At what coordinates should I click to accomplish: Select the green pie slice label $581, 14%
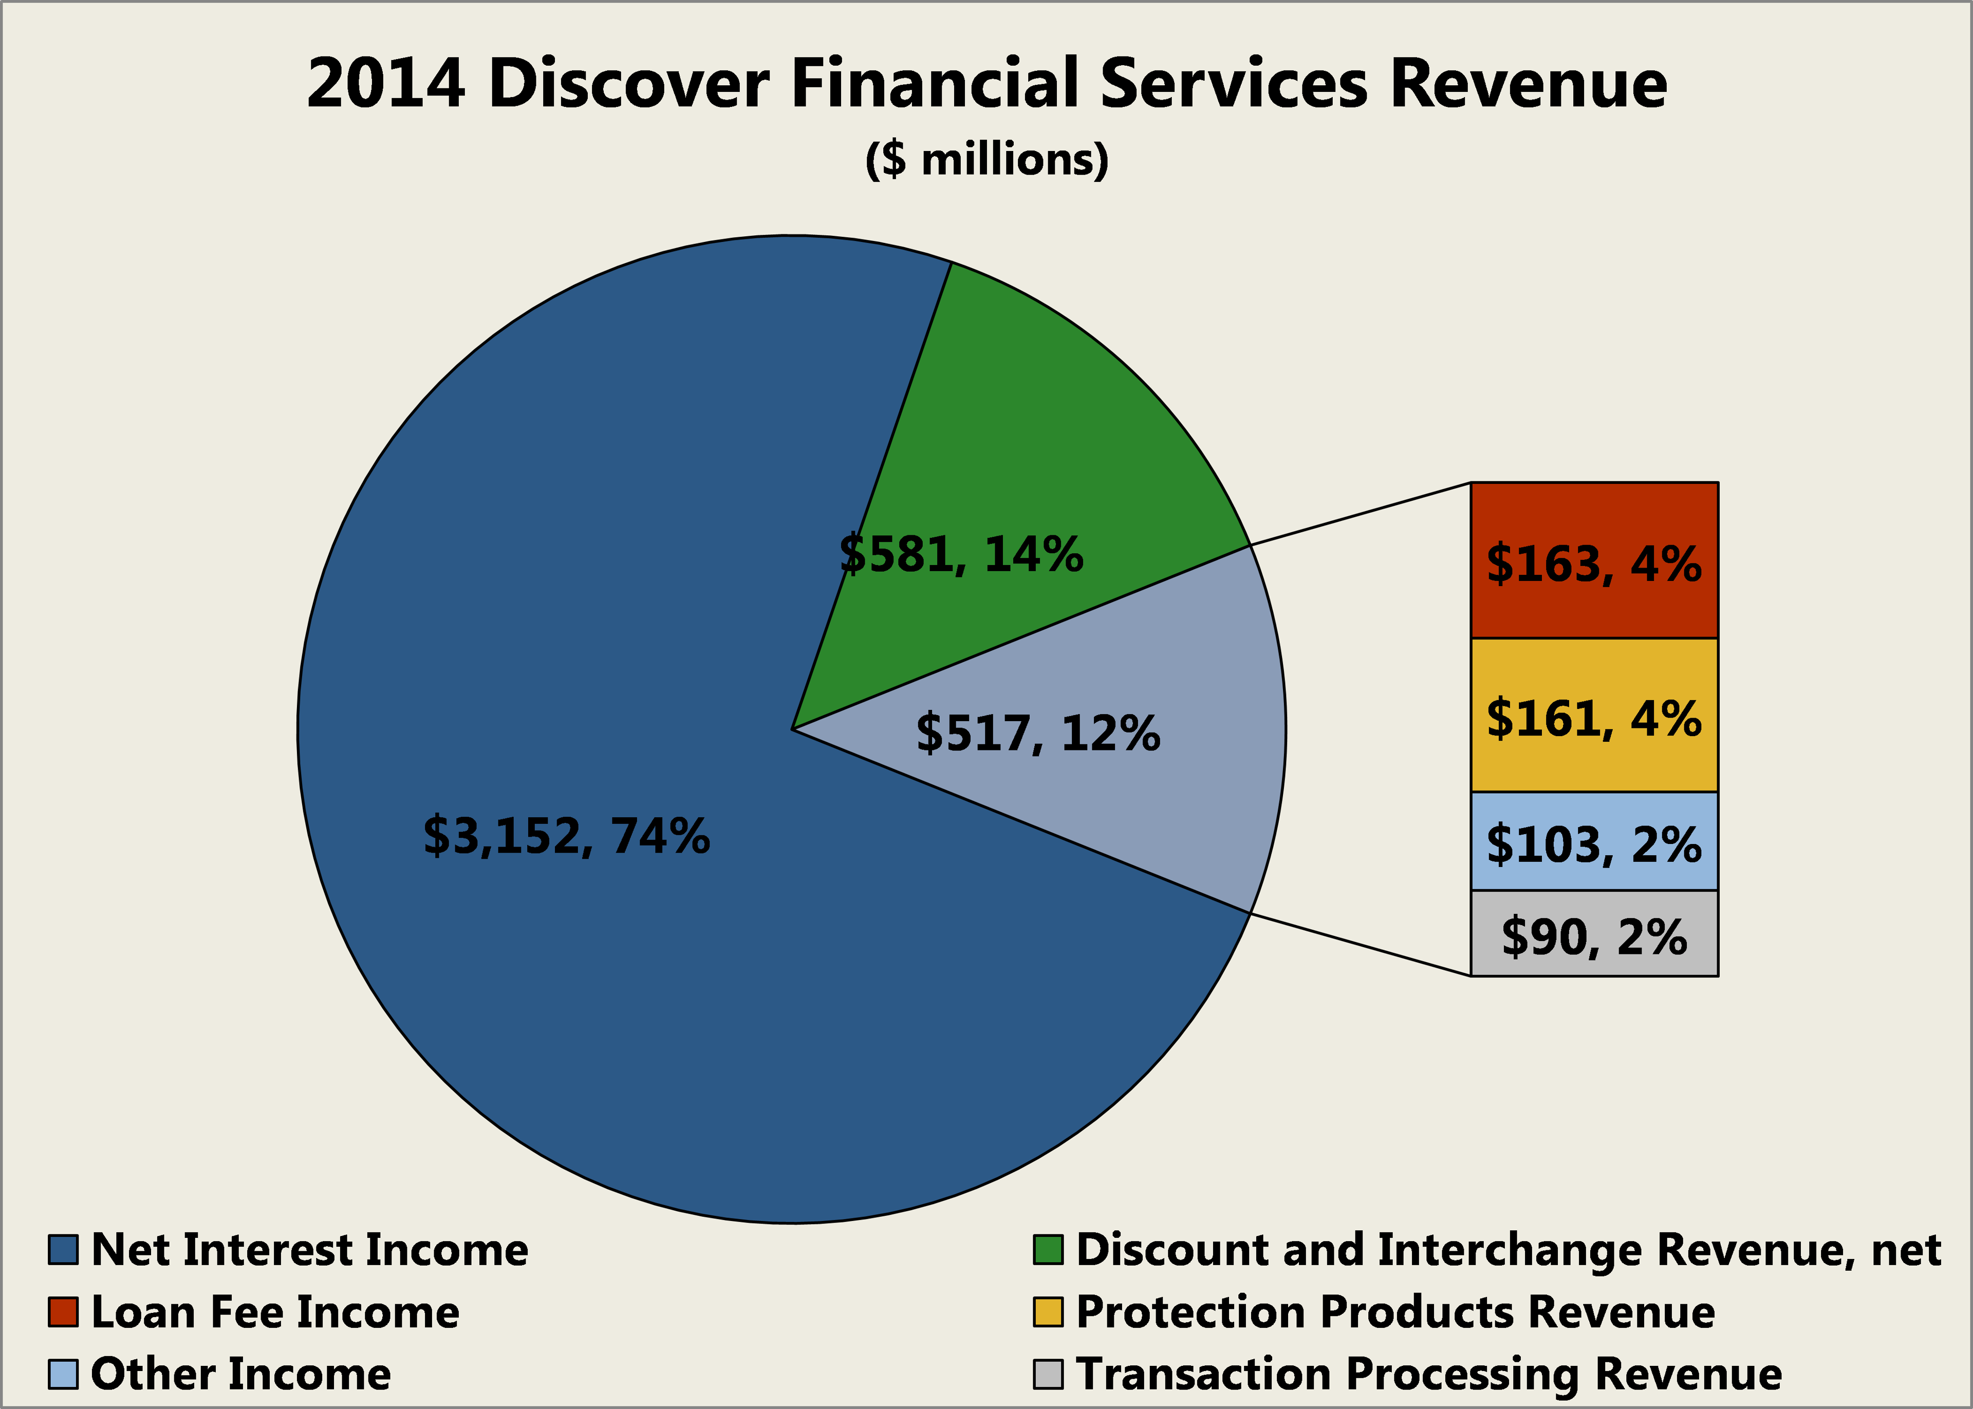[961, 554]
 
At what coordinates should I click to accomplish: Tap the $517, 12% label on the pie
[1038, 733]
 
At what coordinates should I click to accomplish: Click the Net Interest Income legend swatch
[63, 1250]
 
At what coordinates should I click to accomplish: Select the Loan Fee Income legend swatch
[63, 1312]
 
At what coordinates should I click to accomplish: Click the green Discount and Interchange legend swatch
[1048, 1250]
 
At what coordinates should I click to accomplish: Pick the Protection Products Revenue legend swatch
[1048, 1312]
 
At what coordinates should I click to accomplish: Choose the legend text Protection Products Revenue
[1395, 1312]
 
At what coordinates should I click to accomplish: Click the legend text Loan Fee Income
[275, 1312]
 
